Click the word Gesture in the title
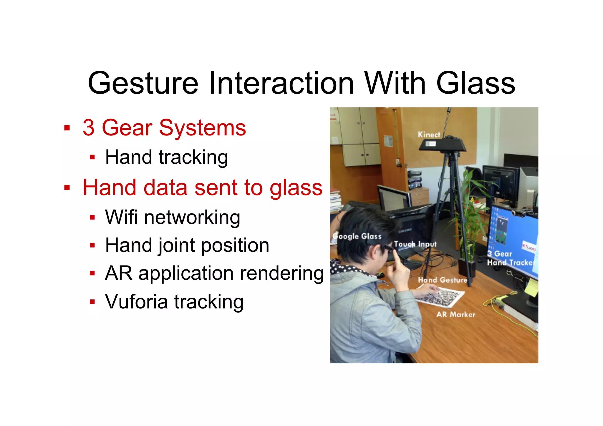[x=143, y=83]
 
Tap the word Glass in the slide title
[x=475, y=83]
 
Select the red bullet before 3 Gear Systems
[x=67, y=128]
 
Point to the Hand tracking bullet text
[x=166, y=157]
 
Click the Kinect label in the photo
[x=429, y=135]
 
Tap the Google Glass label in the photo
[x=357, y=236]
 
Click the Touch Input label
[x=415, y=244]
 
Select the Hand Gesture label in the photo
[x=442, y=280]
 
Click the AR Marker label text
[x=455, y=314]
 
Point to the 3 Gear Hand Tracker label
[x=509, y=258]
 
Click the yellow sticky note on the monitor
[x=531, y=287]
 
